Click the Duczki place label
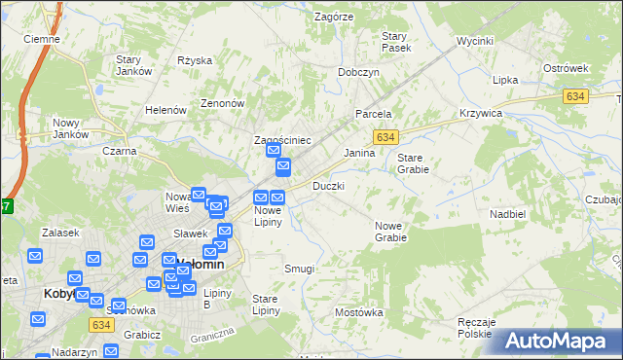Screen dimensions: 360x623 (x=328, y=185)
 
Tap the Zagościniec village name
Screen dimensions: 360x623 (x=281, y=140)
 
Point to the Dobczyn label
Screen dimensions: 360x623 (x=357, y=72)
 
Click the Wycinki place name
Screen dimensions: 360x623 (x=475, y=43)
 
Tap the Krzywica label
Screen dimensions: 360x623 (x=481, y=113)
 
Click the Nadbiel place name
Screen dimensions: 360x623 (x=508, y=213)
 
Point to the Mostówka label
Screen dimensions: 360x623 (x=359, y=312)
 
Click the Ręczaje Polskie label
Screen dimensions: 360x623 (x=477, y=327)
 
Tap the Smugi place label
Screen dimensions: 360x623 (x=299, y=269)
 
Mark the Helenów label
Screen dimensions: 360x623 (x=165, y=110)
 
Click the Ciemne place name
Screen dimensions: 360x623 (x=42, y=39)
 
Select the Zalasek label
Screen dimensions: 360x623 (x=58, y=233)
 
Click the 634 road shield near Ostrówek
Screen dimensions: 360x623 (x=575, y=95)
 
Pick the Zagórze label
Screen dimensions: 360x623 (x=333, y=17)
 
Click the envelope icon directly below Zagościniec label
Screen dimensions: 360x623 (x=274, y=152)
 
